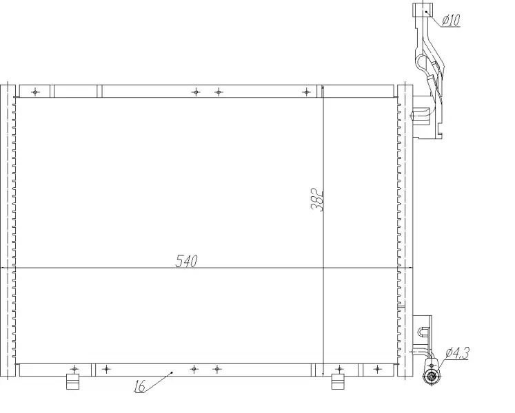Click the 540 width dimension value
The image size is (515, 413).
click(187, 261)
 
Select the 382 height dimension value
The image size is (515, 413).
click(317, 200)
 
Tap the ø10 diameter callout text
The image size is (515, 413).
click(451, 20)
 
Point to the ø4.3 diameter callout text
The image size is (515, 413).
click(457, 353)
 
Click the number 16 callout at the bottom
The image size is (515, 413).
click(139, 386)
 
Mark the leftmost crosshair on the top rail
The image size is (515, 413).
click(35, 92)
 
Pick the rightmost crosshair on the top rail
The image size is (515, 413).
click(306, 92)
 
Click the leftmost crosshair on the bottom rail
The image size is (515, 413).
click(75, 369)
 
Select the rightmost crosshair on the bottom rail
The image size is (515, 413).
click(378, 369)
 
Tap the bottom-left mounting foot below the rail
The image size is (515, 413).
click(72, 381)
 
